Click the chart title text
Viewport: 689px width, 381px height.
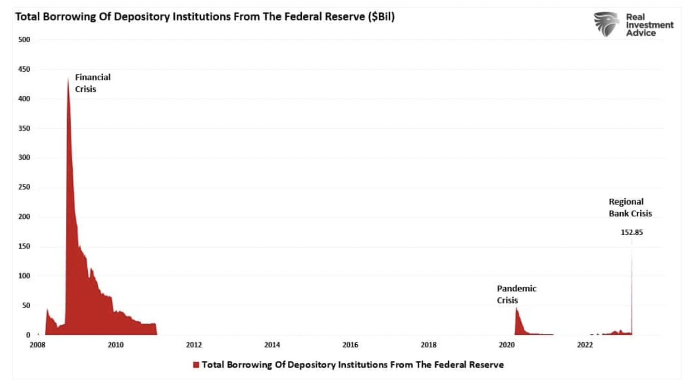(205, 17)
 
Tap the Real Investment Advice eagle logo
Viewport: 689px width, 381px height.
(606, 24)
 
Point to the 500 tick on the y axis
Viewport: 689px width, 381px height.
(24, 40)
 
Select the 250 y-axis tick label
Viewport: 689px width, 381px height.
(24, 187)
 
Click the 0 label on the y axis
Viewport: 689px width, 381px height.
(28, 335)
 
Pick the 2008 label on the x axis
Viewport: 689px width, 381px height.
(38, 345)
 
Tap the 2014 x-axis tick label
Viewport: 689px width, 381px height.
(272, 345)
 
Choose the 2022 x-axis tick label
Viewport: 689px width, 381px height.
(585, 345)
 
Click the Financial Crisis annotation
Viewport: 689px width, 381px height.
(93, 83)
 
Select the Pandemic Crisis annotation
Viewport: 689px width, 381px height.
(516, 294)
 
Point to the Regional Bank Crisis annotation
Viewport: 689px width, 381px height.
(630, 207)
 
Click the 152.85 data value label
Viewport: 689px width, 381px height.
(632, 232)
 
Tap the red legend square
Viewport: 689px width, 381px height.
(196, 365)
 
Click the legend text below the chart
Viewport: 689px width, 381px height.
(352, 365)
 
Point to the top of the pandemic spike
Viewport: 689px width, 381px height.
(516, 308)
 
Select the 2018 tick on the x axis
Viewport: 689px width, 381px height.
(428, 345)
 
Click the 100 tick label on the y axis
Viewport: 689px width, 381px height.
(24, 276)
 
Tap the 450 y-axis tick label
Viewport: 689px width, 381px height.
(24, 69)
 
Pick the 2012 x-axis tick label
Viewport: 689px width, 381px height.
(194, 345)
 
